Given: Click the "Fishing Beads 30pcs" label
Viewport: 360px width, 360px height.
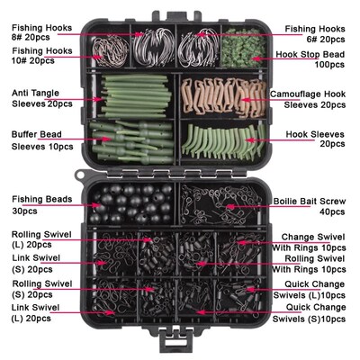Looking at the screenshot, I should [x=37, y=202].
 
